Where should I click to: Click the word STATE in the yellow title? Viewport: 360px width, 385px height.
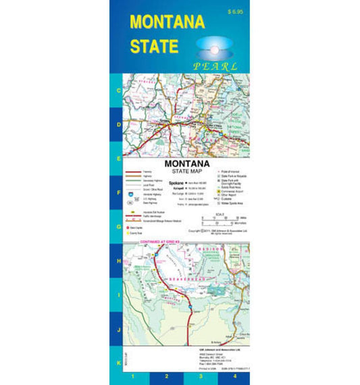(x=154, y=46)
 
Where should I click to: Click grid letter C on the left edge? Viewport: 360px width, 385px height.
(x=119, y=90)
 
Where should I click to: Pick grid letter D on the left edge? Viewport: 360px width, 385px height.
(x=119, y=125)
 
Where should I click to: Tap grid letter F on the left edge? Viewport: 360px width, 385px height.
(x=119, y=192)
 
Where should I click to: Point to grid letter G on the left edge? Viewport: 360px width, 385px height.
(x=119, y=227)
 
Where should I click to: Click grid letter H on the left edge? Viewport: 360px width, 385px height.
(x=119, y=261)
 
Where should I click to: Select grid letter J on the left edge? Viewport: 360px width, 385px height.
(x=119, y=330)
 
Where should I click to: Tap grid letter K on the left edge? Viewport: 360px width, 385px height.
(x=119, y=364)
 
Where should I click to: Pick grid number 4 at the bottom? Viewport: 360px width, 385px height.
(x=235, y=376)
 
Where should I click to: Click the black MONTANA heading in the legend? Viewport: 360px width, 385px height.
(x=187, y=164)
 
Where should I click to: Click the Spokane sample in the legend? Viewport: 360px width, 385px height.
(x=176, y=183)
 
